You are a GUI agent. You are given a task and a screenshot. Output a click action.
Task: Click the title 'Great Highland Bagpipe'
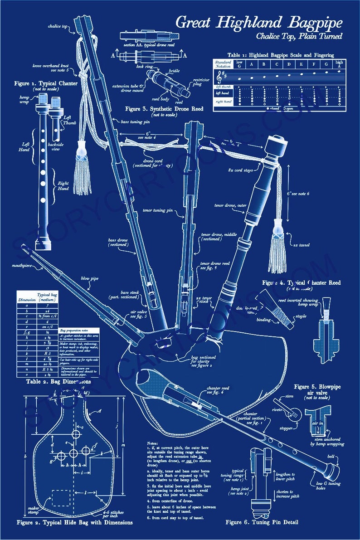258,22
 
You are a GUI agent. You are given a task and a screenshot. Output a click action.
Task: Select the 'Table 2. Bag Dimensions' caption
53,382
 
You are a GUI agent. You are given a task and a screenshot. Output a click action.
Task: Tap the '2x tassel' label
301,245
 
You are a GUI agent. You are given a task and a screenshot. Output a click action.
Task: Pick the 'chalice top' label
58,26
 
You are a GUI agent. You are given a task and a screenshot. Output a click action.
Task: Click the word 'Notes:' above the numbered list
153,443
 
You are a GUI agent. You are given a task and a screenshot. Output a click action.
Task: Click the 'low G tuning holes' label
329,486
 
